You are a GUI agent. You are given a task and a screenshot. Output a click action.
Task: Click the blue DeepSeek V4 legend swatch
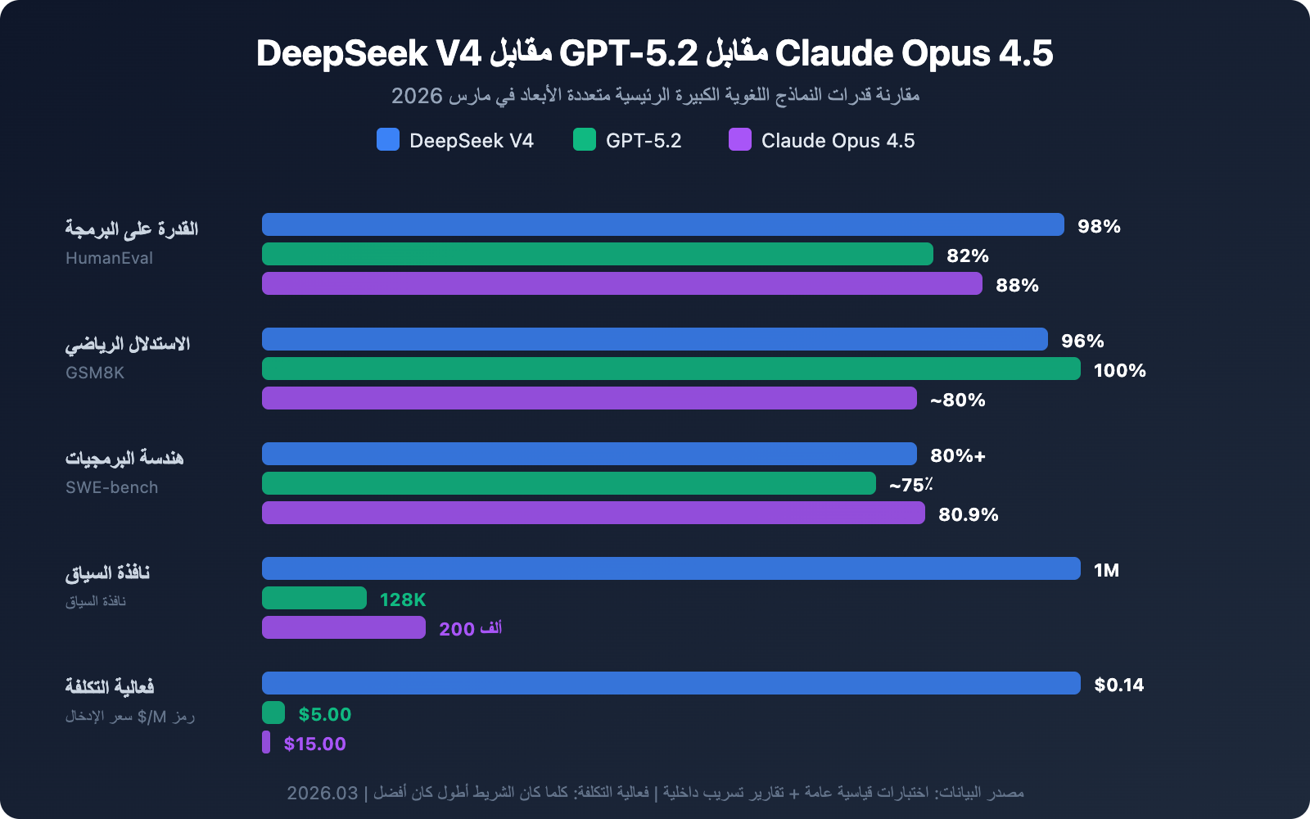pos(388,139)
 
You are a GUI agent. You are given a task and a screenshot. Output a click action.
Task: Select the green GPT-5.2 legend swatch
pos(585,139)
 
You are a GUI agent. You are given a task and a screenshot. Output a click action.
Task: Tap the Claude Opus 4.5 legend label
pos(838,141)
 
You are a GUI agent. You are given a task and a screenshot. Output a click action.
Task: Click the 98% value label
pos(1099,226)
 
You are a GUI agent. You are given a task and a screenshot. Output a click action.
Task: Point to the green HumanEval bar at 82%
pos(598,254)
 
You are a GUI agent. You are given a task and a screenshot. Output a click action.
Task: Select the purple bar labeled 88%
pos(622,283)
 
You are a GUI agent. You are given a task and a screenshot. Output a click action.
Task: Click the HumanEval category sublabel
pos(109,258)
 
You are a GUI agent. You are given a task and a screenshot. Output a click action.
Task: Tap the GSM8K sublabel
pos(95,373)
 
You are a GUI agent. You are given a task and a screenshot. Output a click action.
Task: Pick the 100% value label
pos(1119,370)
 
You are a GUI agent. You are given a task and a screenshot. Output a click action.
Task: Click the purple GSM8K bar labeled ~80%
pos(589,398)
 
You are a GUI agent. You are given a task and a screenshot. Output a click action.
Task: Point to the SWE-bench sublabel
pos(111,487)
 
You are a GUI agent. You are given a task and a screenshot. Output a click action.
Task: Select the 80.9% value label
pos(968,514)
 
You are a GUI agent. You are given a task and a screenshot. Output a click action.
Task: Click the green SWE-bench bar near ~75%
pos(569,483)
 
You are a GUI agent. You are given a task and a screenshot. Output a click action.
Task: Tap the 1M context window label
pos(1106,570)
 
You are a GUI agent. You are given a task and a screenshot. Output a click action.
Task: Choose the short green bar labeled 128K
pos(314,598)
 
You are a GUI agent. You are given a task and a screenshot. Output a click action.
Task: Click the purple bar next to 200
pos(344,627)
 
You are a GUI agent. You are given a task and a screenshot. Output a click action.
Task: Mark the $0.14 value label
pos(1118,685)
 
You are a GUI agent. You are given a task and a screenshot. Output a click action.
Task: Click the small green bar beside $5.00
pos(273,713)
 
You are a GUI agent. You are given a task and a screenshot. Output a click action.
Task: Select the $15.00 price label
pos(314,744)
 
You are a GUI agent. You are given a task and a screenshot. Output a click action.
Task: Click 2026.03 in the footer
pos(322,793)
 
